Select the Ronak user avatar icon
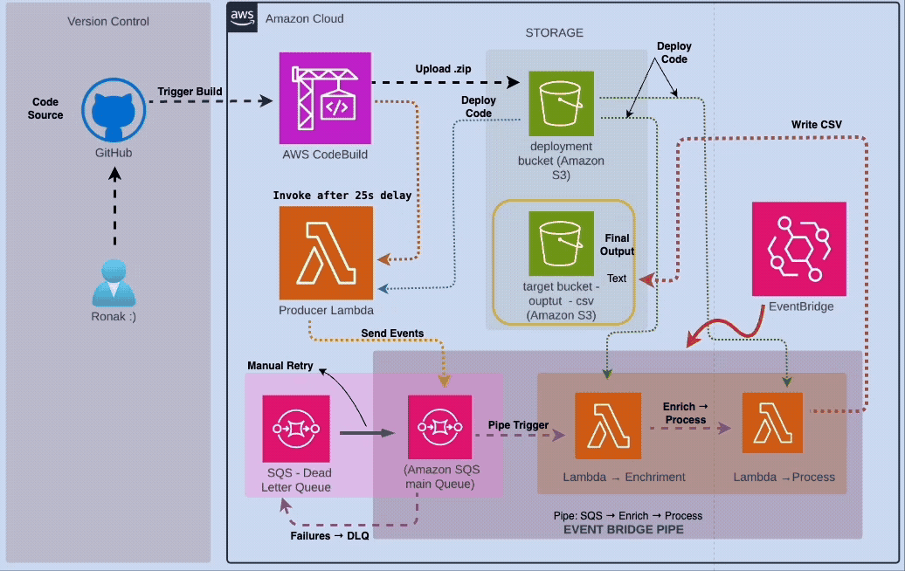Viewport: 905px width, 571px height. point(112,281)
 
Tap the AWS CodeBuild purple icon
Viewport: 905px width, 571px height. point(324,98)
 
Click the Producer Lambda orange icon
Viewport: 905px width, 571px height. point(326,252)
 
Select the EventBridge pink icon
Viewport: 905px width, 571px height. point(799,249)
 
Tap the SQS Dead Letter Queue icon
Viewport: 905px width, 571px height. point(296,429)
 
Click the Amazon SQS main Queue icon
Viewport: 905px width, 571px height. point(440,428)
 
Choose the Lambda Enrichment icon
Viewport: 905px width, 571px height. point(608,425)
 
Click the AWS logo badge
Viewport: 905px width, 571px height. point(241,17)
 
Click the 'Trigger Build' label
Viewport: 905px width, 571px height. point(190,92)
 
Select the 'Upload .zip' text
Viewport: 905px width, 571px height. point(445,69)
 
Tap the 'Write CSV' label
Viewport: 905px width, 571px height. point(817,123)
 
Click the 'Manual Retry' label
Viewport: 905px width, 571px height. point(281,366)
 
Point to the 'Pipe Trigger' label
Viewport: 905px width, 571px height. point(518,425)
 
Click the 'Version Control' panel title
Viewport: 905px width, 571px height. point(108,21)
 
